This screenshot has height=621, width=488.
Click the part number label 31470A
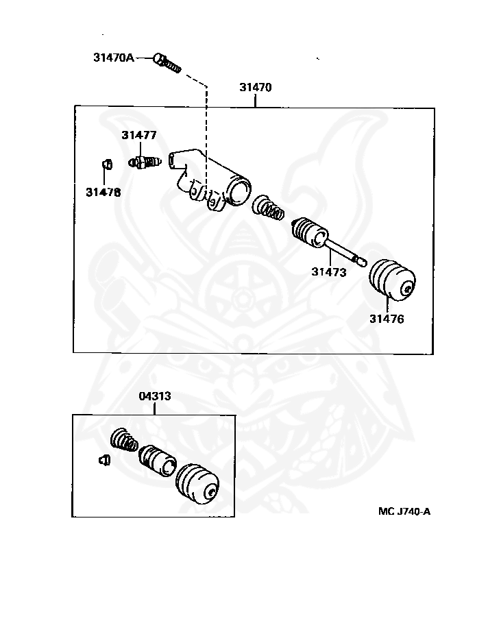click(114, 58)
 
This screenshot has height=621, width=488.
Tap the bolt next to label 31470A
click(167, 63)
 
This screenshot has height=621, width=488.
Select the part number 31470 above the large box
click(256, 87)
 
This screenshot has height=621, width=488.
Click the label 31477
click(139, 135)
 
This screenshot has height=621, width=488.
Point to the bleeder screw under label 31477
click(145, 162)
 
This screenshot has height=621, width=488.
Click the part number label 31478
click(103, 192)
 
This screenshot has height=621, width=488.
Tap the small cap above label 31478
click(107, 164)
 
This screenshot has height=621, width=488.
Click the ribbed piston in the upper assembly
click(310, 232)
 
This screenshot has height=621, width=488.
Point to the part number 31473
click(329, 272)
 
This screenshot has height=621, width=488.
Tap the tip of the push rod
click(363, 262)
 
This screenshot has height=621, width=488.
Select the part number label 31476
click(387, 319)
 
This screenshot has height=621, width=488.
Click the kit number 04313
click(155, 396)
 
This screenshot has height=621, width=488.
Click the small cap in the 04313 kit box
click(104, 460)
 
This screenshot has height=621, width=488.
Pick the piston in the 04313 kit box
click(157, 461)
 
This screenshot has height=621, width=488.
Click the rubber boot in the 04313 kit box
click(197, 484)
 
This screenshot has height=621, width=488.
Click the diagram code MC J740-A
click(404, 511)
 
